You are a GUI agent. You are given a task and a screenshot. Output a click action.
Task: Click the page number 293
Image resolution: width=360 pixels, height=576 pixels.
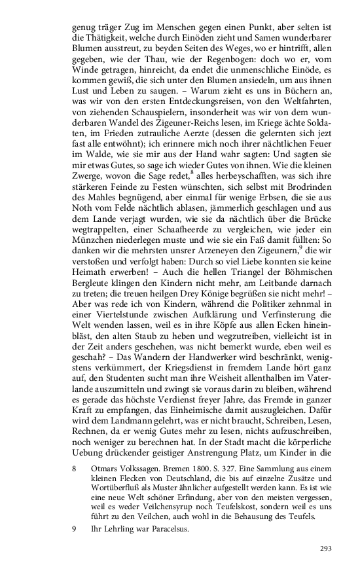tap(328, 549)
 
